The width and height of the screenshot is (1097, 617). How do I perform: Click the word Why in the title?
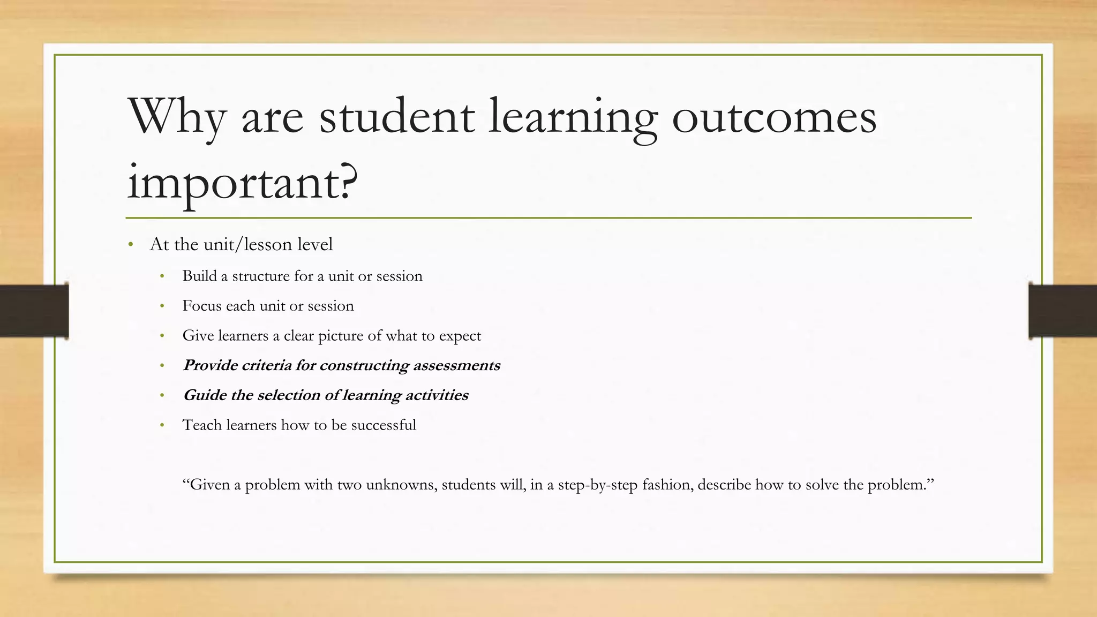click(177, 117)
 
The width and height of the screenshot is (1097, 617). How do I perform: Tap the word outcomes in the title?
click(774, 117)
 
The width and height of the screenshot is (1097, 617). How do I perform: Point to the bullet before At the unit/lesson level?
click(131, 245)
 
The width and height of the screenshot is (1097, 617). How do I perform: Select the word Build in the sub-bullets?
click(199, 276)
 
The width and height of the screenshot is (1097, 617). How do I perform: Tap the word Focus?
click(201, 306)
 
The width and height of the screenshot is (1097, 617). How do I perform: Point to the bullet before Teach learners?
click(162, 426)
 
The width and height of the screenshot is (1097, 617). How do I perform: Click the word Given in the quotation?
click(209, 485)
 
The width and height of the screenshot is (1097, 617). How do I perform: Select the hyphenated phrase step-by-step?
click(598, 485)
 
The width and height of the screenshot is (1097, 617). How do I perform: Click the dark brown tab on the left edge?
click(34, 311)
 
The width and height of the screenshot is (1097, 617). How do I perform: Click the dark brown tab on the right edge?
click(1062, 311)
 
